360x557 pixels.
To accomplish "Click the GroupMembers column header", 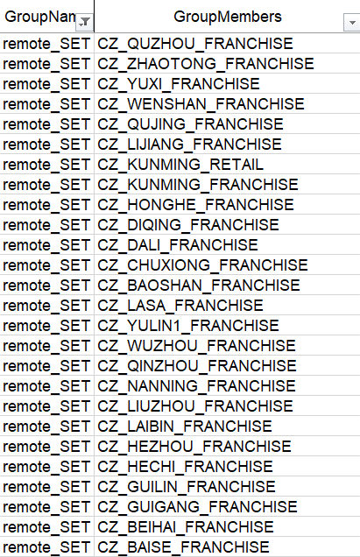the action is [228, 17].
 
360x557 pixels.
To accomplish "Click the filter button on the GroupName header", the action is [85, 23].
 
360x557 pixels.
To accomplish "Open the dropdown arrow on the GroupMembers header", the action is [352, 23].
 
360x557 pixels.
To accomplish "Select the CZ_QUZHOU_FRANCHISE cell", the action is [195, 44].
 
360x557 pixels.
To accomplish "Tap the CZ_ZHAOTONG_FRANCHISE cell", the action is [206, 64].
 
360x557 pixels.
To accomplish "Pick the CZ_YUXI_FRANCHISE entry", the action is [179, 84].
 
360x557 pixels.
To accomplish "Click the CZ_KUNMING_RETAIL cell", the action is [180, 165].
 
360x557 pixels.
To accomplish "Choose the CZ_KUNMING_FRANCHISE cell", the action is [198, 185].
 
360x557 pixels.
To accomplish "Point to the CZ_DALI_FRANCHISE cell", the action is [178, 245].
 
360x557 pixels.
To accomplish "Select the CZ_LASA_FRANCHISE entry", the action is [180, 306].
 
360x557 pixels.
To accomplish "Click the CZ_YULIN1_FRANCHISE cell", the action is [188, 326].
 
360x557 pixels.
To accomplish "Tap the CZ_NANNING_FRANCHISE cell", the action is [196, 386].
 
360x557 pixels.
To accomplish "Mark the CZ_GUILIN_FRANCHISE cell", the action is [187, 487].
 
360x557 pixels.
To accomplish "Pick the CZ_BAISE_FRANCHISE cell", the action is [183, 547].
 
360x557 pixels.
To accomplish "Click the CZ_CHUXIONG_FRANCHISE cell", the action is [202, 265].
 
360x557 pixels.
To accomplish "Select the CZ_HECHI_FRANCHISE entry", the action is [185, 467].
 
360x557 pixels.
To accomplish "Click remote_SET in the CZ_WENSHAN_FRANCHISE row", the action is [46, 104].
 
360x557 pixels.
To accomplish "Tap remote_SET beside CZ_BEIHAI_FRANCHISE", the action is [46, 527].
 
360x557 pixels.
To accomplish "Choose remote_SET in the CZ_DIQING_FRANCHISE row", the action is [46, 225].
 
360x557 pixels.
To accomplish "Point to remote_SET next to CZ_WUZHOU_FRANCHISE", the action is [46, 346].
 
